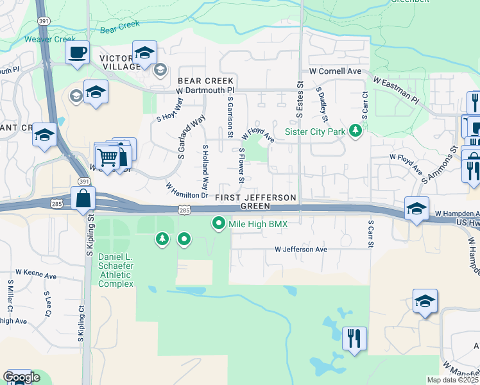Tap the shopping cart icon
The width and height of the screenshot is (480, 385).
pos(108,156)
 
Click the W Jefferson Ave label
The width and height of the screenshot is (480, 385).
pos(301,249)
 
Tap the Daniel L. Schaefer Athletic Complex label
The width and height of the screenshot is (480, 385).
pos(116,270)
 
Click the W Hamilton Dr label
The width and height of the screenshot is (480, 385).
pos(187,190)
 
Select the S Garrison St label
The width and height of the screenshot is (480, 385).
pos(230,117)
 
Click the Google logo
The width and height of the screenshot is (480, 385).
pos(21,377)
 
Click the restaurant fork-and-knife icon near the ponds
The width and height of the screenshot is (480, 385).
pos(354,338)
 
